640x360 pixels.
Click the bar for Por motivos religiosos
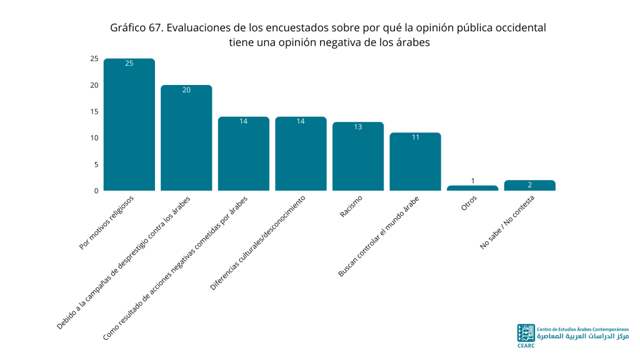pyautogui.click(x=129, y=124)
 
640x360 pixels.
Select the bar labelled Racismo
pyautogui.click(x=358, y=156)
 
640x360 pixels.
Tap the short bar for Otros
pyautogui.click(x=472, y=188)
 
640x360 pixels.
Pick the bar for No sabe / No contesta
pyautogui.click(x=530, y=185)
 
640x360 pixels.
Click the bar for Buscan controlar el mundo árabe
pyautogui.click(x=415, y=162)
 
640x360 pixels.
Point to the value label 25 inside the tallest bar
pyautogui.click(x=129, y=63)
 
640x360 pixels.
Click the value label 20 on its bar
pyautogui.click(x=186, y=90)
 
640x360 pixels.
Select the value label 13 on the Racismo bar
pyautogui.click(x=358, y=127)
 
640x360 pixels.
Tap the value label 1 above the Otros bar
pyautogui.click(x=472, y=181)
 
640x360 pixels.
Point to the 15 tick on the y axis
pyautogui.click(x=94, y=111)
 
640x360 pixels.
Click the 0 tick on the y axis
pyautogui.click(x=96, y=191)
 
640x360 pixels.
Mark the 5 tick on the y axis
pyautogui.click(x=96, y=164)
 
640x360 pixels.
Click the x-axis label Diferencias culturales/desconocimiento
pyautogui.click(x=257, y=243)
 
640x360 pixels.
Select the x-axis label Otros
pyautogui.click(x=469, y=203)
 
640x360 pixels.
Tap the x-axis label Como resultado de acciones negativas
pyautogui.click(x=175, y=268)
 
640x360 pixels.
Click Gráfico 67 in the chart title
pyautogui.click(x=136, y=27)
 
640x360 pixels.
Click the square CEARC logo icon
pyautogui.click(x=526, y=333)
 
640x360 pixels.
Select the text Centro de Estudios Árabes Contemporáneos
pyautogui.click(x=583, y=329)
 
